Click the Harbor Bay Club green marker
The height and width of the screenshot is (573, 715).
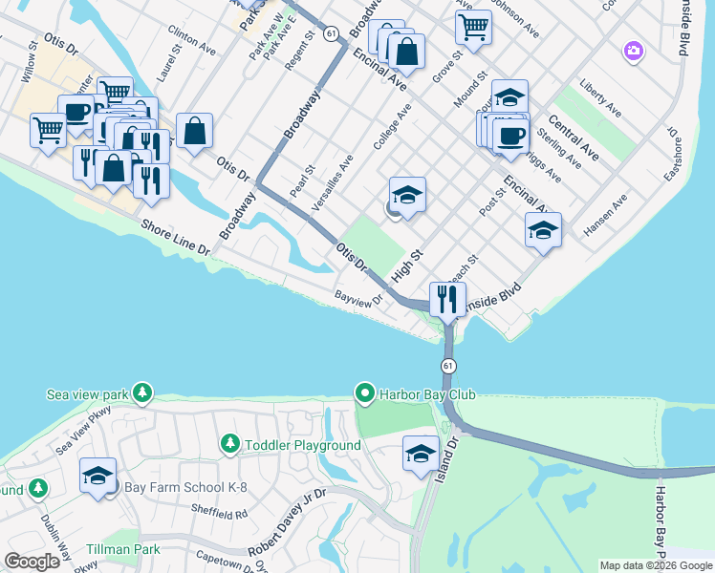coord(364,393)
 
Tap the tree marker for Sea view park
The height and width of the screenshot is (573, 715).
coord(142,393)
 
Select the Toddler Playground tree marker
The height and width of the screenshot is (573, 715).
coord(229,444)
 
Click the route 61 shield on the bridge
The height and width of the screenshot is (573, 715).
coord(448,366)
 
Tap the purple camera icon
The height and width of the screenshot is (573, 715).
coord(632,51)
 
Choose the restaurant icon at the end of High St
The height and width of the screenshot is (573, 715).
coord(447,299)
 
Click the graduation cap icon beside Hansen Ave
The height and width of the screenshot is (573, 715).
coord(543,230)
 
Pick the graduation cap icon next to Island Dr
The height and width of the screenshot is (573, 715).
coord(420,454)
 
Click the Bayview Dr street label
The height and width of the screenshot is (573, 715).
coord(358,297)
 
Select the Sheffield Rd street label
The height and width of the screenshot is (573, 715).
coord(223,514)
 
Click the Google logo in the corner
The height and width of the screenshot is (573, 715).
coord(32,562)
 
